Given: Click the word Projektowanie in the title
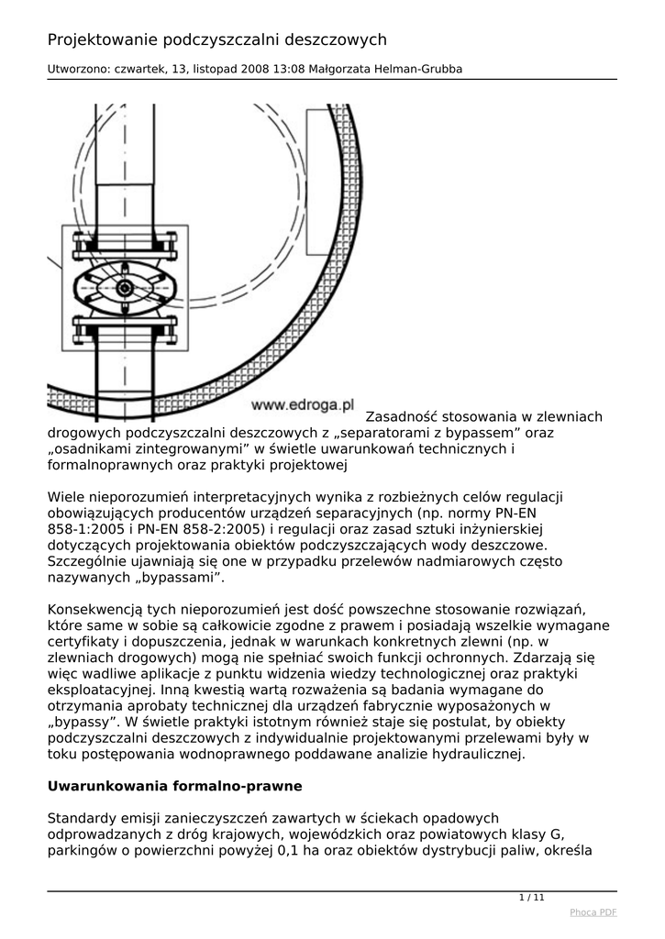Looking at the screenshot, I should (x=103, y=39).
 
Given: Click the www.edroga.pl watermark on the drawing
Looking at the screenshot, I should (x=302, y=403).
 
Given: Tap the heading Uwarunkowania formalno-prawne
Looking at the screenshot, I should (x=174, y=786).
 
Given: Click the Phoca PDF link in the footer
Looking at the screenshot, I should (x=593, y=912).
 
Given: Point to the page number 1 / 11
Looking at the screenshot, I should (x=532, y=898).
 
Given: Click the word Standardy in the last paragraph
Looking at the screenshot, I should (x=83, y=817).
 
